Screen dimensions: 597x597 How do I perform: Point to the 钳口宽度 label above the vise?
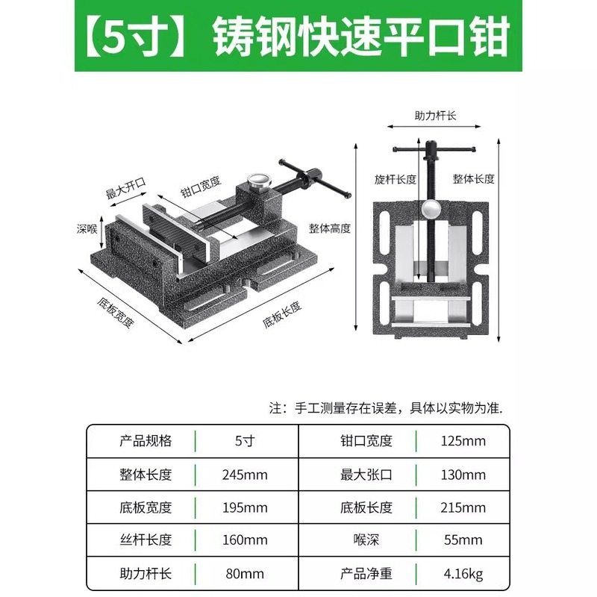[x=201, y=184]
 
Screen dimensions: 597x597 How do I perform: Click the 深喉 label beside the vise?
[x=87, y=228]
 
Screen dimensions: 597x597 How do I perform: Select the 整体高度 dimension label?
[x=330, y=228]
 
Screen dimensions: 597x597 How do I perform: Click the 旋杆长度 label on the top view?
[x=396, y=179]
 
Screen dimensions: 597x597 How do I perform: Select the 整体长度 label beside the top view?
[x=474, y=179]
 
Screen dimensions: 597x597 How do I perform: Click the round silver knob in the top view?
[x=431, y=209]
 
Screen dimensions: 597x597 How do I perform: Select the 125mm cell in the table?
[x=462, y=441]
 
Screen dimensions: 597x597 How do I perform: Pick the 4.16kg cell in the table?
[x=462, y=574]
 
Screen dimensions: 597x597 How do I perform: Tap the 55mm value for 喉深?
[x=462, y=540]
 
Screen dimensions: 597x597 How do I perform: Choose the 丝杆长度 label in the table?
[x=146, y=540]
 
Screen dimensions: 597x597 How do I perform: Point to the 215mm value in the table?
[x=462, y=507]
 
